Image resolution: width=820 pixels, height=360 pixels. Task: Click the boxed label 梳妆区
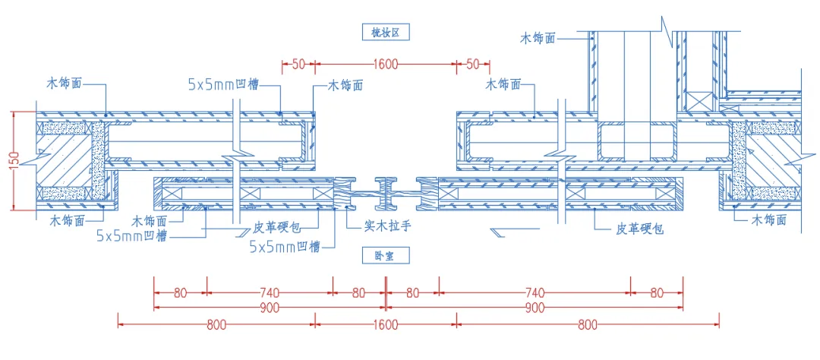point(386,32)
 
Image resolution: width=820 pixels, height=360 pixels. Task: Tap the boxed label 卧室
point(386,256)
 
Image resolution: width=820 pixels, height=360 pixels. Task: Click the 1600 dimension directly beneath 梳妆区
point(386,65)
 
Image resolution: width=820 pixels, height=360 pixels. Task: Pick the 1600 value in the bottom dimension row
point(386,325)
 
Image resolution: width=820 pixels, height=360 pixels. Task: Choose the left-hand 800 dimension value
point(216,325)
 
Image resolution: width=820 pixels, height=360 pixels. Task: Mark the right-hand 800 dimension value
point(587,325)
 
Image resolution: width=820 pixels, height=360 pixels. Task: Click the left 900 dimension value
point(270,308)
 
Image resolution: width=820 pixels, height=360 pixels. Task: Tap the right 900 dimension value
point(535,308)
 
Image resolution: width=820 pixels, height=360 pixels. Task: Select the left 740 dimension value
point(270,292)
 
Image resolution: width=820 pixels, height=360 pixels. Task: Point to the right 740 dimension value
point(535,292)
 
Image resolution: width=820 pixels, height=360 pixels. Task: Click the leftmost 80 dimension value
point(180,292)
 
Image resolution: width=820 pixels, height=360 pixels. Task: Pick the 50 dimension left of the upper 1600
point(298,65)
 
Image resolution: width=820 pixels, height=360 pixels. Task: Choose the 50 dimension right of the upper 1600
point(473,65)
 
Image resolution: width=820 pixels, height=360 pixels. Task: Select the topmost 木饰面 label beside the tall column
point(538,36)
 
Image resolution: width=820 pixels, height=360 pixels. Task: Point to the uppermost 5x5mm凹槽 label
point(222,85)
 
